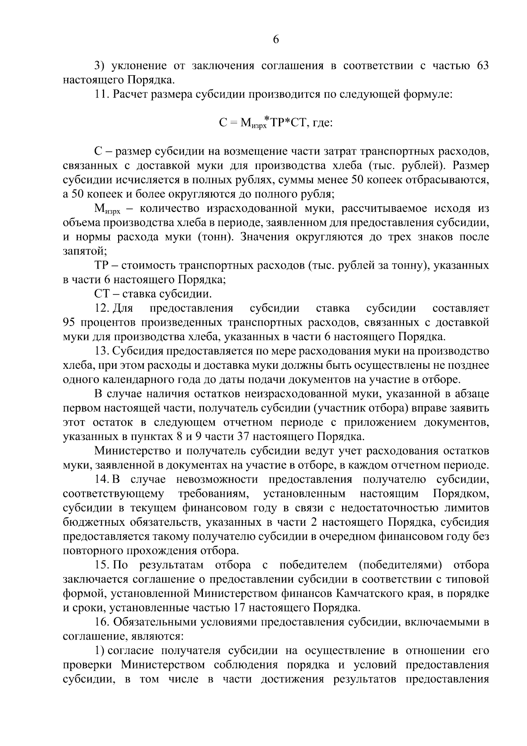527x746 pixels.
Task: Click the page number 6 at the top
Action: [x=276, y=40]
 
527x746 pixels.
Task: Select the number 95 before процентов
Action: [x=70, y=323]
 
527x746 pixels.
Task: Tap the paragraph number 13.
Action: [x=102, y=351]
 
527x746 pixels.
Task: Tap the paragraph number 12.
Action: [x=102, y=308]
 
